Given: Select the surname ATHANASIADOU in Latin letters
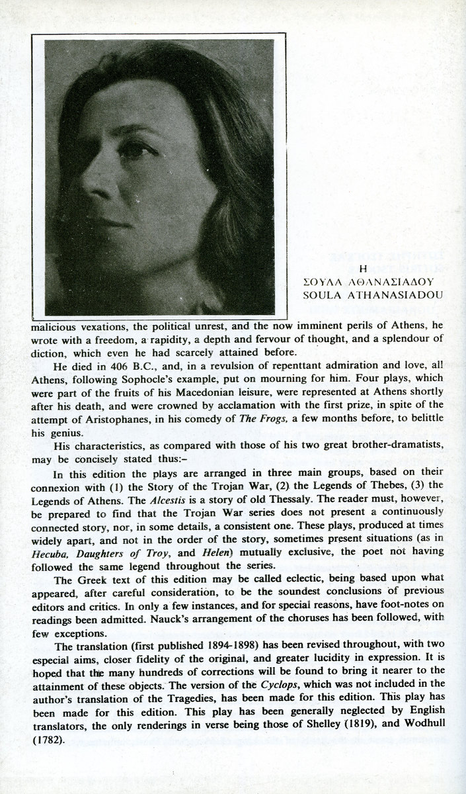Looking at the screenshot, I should click(x=393, y=294).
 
